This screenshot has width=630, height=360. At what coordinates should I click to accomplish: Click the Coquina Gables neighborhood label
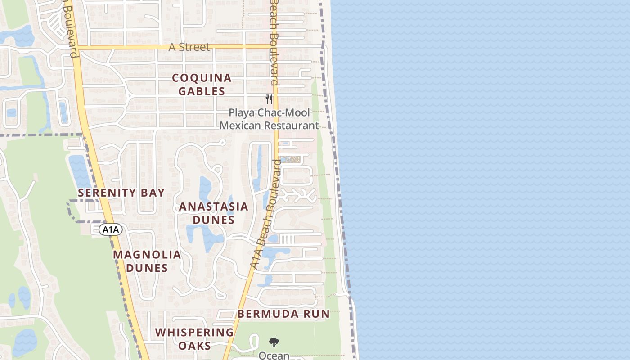click(202, 85)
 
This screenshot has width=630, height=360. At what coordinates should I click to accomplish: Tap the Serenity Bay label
click(121, 193)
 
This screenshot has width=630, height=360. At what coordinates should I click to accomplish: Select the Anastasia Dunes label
click(213, 213)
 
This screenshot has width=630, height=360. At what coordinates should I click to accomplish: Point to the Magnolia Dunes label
click(147, 261)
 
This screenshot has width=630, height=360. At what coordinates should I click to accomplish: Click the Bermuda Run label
click(283, 314)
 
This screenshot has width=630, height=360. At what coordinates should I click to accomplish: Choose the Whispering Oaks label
click(194, 339)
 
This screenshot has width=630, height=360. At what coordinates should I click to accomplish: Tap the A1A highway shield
click(111, 230)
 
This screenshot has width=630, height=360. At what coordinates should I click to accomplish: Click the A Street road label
click(189, 47)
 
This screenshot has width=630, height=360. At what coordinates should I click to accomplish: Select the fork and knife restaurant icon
click(269, 99)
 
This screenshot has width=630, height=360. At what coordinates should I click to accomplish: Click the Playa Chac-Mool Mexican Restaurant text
click(269, 119)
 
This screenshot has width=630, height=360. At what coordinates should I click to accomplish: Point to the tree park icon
click(274, 342)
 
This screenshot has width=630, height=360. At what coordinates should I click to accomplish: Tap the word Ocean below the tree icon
click(274, 355)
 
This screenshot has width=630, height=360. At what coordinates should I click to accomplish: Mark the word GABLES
click(202, 91)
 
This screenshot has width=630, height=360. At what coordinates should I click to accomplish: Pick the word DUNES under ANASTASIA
click(213, 220)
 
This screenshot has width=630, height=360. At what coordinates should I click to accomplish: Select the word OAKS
click(194, 346)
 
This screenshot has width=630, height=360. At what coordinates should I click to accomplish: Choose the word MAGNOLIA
click(147, 255)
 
